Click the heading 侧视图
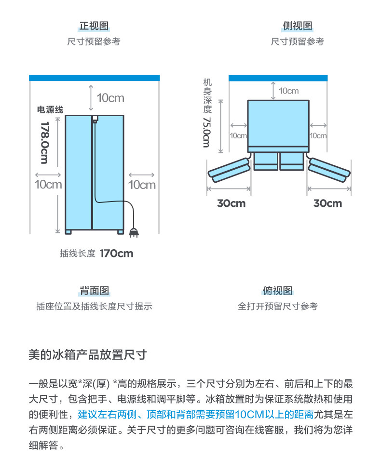click(297, 26)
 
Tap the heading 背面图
click(95, 291)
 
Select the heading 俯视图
click(277, 291)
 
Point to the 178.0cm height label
click(45, 142)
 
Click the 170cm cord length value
click(116, 254)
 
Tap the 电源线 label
click(50, 110)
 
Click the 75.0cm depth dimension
click(206, 132)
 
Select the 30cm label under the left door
click(231, 203)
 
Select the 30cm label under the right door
click(327, 203)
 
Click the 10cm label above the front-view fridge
click(110, 98)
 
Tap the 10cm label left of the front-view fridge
click(48, 184)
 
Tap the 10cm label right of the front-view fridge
click(142, 184)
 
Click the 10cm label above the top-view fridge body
click(288, 91)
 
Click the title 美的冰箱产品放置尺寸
click(87, 356)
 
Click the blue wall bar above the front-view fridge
click(95, 78)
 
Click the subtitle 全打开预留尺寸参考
click(277, 306)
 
